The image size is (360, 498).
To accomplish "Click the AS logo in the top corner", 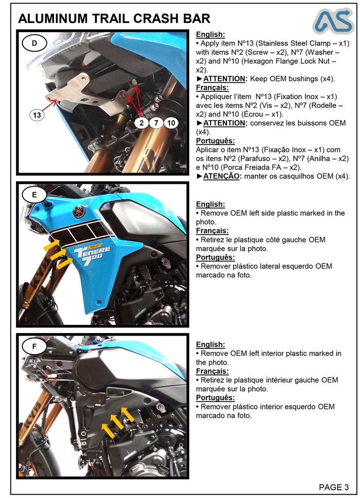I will tap(333, 20).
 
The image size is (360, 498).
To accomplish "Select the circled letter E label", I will tap(34, 195).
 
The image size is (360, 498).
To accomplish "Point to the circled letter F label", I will tap(34, 347).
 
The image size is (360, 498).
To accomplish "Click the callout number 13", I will tap(37, 115).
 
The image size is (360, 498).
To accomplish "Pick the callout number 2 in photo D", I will tap(142, 123).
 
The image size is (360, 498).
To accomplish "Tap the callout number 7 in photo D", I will tap(156, 123).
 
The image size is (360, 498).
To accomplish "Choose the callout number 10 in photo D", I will tap(171, 123).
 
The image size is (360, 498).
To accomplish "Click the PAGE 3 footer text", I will tap(334, 487).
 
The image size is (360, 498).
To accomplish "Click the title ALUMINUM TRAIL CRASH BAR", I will tap(114, 18).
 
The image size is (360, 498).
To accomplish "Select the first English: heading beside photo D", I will tap(210, 35).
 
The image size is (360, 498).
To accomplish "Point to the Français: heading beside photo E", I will tap(212, 231).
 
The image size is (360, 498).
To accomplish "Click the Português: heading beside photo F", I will tap(215, 397).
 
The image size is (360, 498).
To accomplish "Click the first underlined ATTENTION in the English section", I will tap(224, 79).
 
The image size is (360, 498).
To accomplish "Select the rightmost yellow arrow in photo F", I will tap(127, 414).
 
